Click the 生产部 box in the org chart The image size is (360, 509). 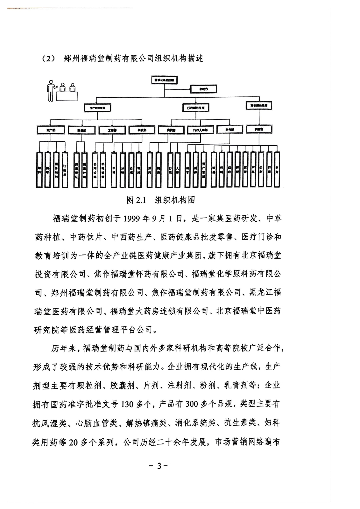click(x=51, y=130)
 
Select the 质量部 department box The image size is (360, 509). click(x=81, y=130)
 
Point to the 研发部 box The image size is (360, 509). click(x=142, y=130)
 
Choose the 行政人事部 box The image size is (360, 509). click(x=200, y=130)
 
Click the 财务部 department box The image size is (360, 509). click(x=230, y=129)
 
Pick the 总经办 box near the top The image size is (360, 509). click(x=204, y=89)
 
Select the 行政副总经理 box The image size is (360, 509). click(x=196, y=108)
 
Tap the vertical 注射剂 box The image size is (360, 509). click(x=65, y=170)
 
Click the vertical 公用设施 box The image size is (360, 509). click(x=95, y=170)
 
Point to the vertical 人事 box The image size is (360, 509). click(x=178, y=170)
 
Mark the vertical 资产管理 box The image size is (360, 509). click(x=204, y=170)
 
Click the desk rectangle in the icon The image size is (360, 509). click(x=67, y=96)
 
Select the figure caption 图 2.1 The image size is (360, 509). click(x=136, y=200)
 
